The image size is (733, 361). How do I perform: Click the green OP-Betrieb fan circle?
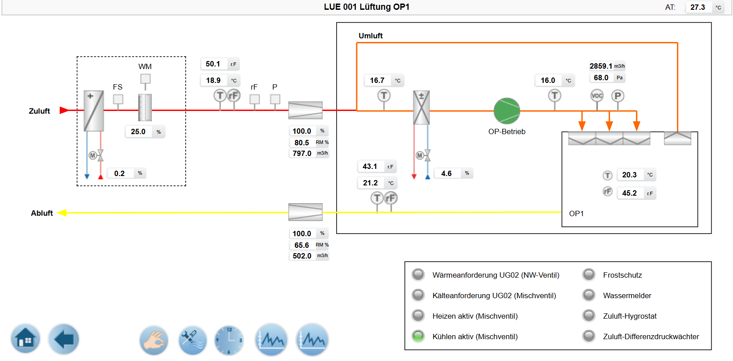click(x=507, y=111)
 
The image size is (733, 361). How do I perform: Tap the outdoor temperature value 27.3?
click(x=697, y=7)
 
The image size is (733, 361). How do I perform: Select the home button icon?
click(x=25, y=339)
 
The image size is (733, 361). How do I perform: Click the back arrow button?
click(x=64, y=339)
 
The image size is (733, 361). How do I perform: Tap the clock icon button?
click(x=229, y=340)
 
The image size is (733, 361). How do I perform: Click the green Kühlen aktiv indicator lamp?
click(x=418, y=336)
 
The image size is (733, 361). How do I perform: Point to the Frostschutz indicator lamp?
click(x=589, y=275)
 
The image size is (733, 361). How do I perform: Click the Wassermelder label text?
click(x=627, y=295)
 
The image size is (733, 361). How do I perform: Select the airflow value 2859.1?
click(x=601, y=66)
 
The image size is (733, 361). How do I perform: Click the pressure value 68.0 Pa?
click(x=601, y=78)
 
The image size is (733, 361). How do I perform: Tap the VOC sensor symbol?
click(x=597, y=95)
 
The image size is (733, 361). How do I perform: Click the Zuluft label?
click(x=39, y=111)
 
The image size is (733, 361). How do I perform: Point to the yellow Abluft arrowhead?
click(x=62, y=213)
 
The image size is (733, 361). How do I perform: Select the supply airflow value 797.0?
click(x=302, y=153)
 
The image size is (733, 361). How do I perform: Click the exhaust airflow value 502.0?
click(x=302, y=256)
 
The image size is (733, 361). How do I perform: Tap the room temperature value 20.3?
click(x=629, y=175)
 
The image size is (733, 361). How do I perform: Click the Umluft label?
click(x=371, y=36)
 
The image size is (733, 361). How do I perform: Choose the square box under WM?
click(x=145, y=79)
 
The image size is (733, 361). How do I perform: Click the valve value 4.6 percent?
click(x=446, y=173)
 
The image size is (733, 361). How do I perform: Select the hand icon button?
click(x=154, y=340)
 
